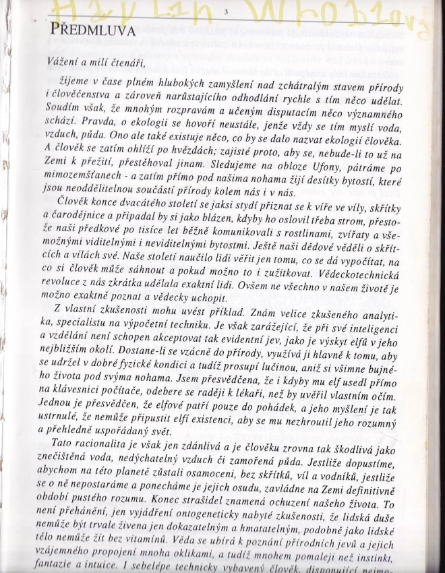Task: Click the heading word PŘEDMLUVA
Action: (x=92, y=30)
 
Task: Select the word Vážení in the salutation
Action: (x=64, y=62)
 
